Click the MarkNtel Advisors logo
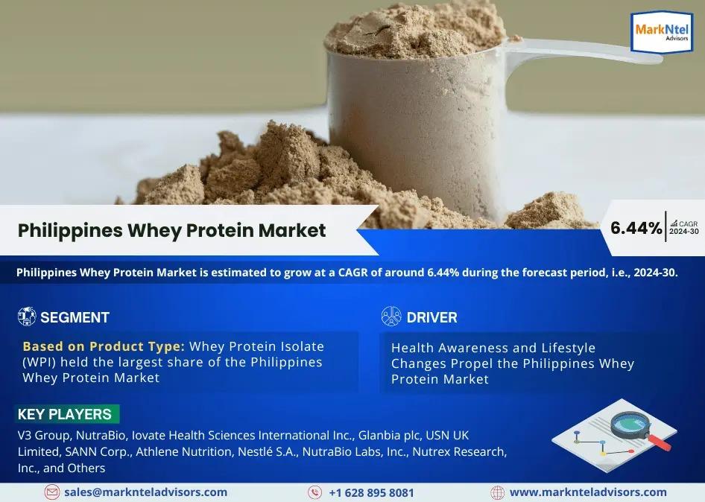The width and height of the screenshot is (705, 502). tap(661, 32)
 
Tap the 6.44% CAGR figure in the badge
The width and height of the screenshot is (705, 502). tap(636, 228)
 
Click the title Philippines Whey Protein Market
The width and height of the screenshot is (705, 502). tap(171, 230)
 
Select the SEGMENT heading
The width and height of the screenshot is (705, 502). tap(75, 317)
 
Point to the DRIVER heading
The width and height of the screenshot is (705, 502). tap(431, 317)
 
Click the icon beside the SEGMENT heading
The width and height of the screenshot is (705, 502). tap(27, 317)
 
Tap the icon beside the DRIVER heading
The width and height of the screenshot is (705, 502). tap(391, 317)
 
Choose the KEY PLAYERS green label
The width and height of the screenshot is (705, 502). tap(68, 414)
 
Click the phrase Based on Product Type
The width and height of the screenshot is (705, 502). tap(104, 346)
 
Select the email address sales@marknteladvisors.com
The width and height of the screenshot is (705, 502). tap(145, 492)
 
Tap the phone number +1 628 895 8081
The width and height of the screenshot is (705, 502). tap(371, 492)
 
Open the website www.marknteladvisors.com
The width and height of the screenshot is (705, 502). tap(588, 492)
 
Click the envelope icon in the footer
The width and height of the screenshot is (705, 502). tap(51, 492)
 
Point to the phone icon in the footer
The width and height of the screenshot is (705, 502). tap(314, 492)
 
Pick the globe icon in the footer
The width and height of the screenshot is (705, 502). tap(497, 492)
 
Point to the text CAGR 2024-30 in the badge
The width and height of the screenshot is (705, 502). tap(684, 227)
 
